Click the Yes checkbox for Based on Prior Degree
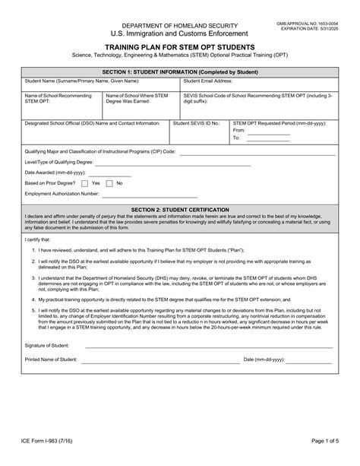click(x=84, y=183)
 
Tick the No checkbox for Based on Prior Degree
click(x=109, y=183)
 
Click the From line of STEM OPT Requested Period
click(x=269, y=130)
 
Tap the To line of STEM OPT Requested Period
click(x=269, y=138)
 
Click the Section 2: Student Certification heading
click(x=179, y=208)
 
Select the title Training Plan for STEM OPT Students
click(x=180, y=46)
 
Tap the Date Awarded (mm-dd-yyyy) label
click(x=55, y=173)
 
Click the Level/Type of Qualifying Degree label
click(x=58, y=162)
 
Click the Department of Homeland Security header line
click(x=180, y=25)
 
